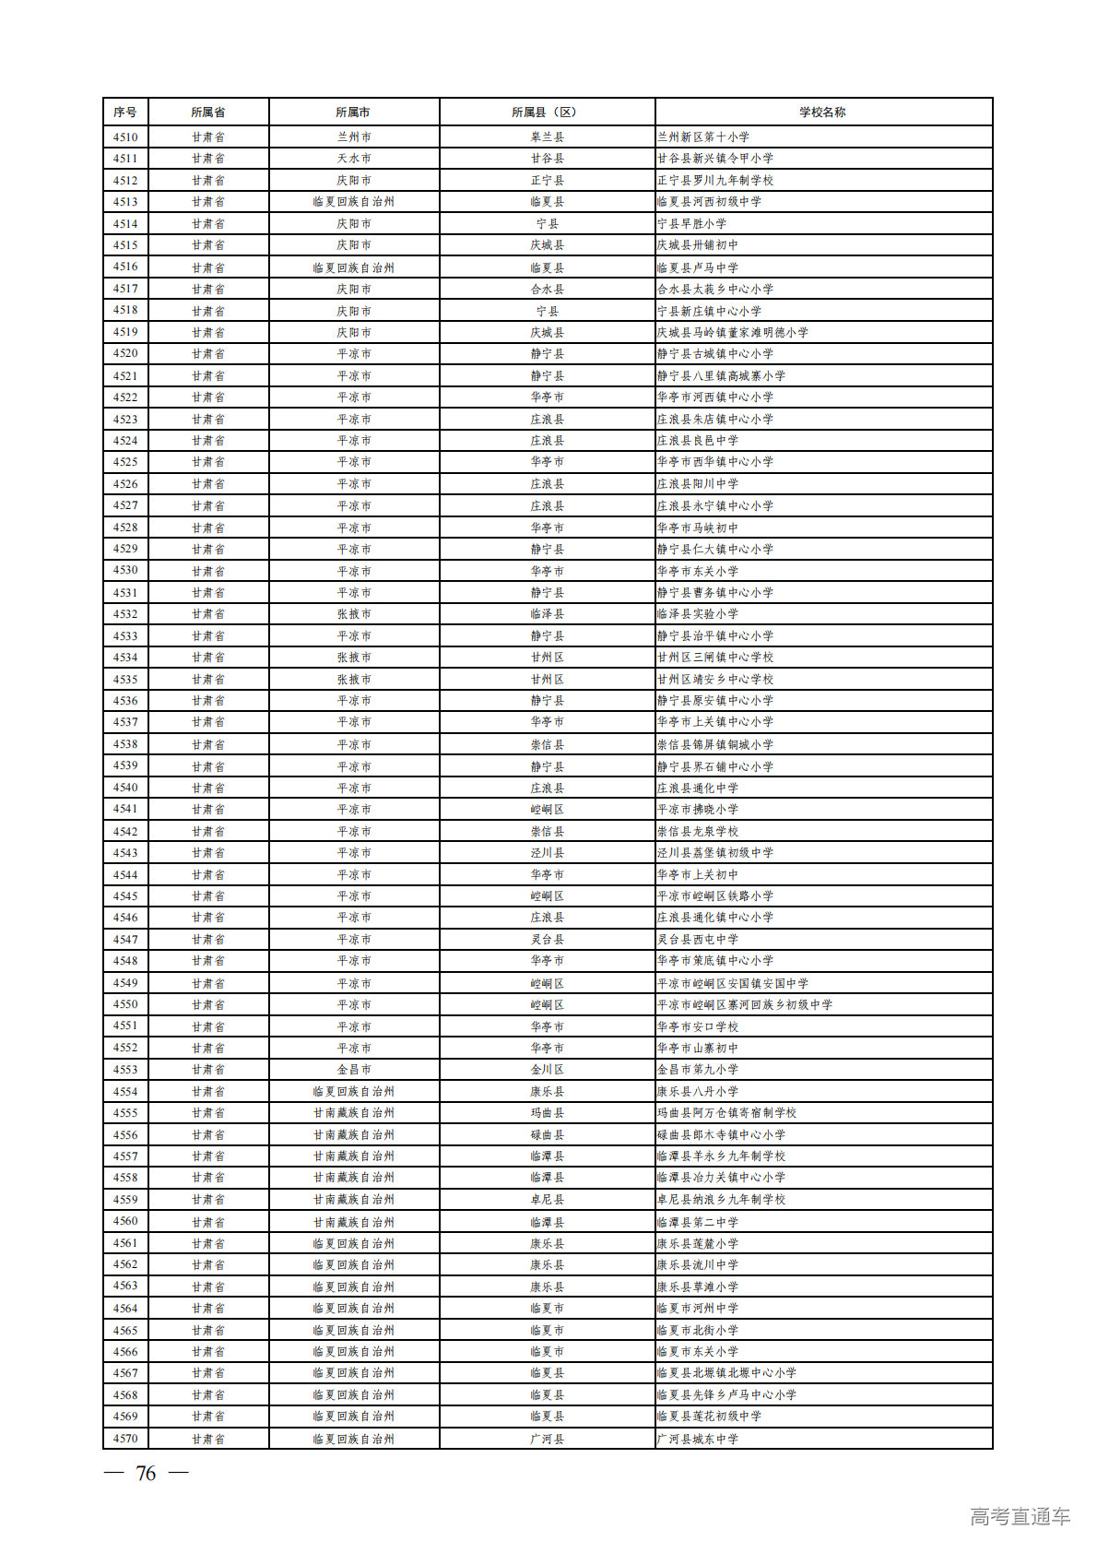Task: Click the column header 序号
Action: (125, 113)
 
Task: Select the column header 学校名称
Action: (822, 113)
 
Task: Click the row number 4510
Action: (125, 137)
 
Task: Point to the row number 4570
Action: (125, 1439)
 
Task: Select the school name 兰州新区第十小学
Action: (703, 137)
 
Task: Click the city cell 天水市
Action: (354, 159)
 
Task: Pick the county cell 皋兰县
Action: (547, 137)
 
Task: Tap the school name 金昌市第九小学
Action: (698, 1070)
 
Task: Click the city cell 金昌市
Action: (354, 1070)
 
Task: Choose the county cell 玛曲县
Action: (547, 1113)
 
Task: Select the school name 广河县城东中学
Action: (698, 1439)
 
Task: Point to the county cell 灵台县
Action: (547, 940)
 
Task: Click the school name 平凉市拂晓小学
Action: (698, 810)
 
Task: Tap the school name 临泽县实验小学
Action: (698, 614)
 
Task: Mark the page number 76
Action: (146, 1474)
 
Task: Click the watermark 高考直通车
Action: (1020, 1517)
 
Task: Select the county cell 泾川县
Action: (547, 853)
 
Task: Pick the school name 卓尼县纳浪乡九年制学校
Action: (722, 1200)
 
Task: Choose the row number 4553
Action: (125, 1070)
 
